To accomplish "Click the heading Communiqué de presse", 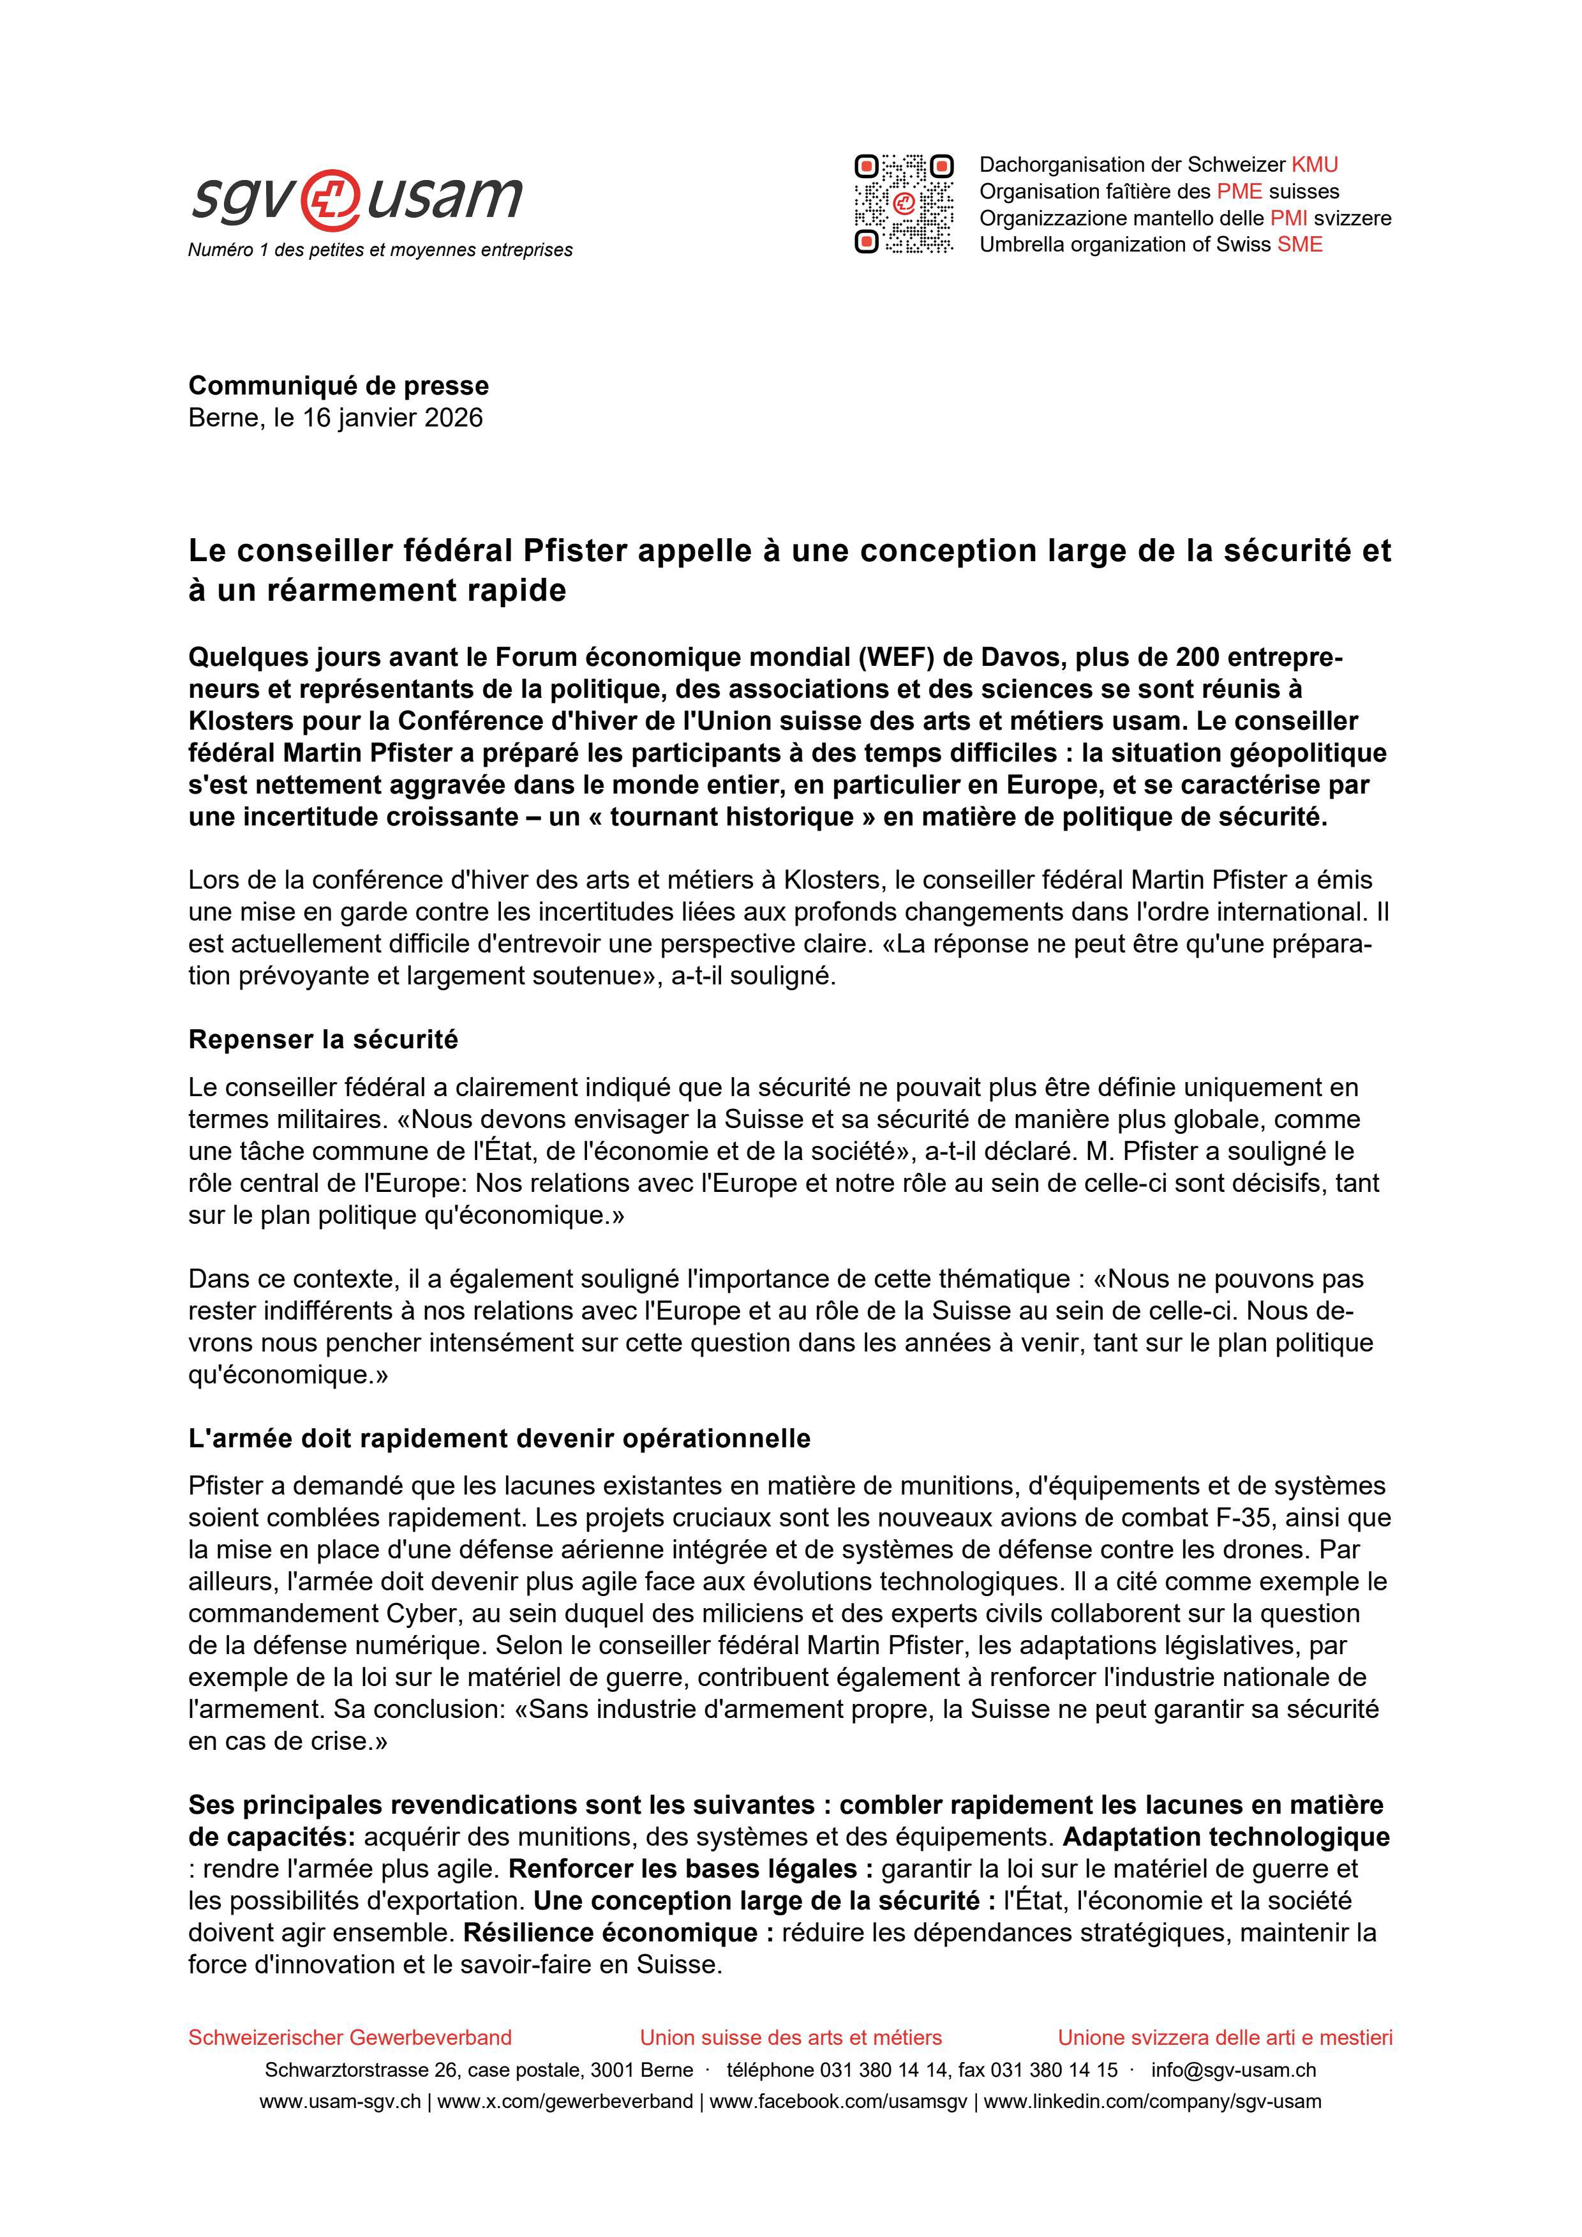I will tap(338, 386).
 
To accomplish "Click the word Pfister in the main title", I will tap(575, 552).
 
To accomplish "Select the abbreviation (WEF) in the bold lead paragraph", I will tap(896, 658).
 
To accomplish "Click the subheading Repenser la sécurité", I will tap(322, 1039).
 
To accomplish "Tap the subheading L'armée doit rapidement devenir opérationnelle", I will tap(499, 1439).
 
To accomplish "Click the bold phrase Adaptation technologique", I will tap(1225, 1837).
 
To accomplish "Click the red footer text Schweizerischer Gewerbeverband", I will tap(350, 2037).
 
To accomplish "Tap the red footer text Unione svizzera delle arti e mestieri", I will tap(1225, 2037).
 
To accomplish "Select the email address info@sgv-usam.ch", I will tap(1234, 2070).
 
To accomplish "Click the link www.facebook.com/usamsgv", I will tap(838, 2102).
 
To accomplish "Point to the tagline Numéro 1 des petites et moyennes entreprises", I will tap(380, 250).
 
